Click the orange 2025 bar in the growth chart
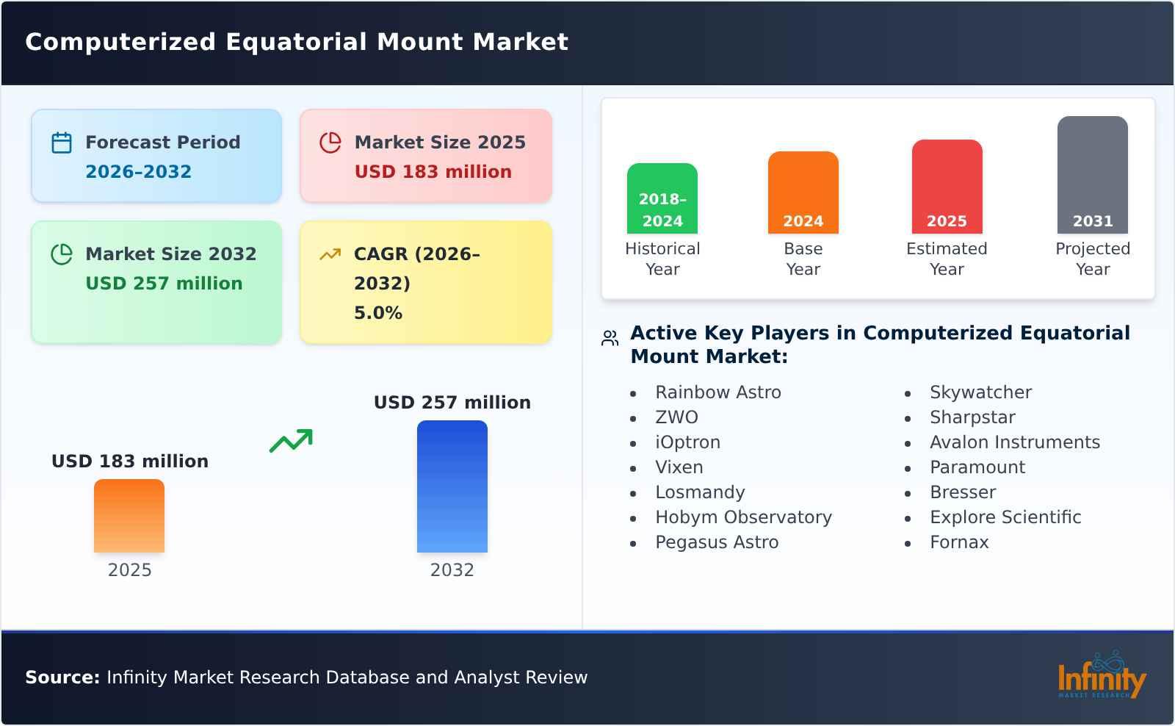coord(129,516)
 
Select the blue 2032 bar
coord(452,486)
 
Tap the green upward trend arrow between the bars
coord(291,441)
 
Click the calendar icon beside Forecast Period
coord(62,143)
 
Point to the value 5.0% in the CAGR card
coord(377,313)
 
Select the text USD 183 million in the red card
coord(433,172)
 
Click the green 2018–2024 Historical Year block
coord(662,198)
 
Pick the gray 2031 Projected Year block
coord(1092,175)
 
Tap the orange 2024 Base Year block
coord(803,193)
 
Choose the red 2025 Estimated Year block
coord(947,187)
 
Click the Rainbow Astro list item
coord(717,392)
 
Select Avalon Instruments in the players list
coord(1014,442)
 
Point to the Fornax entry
coord(959,542)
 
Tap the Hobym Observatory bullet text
coord(743,517)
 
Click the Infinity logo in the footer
coord(1101,677)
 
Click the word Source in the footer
coord(62,678)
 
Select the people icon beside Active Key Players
coord(610,338)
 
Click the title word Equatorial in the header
coord(297,42)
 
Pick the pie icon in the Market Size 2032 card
coord(62,254)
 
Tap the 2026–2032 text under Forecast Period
coord(138,172)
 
